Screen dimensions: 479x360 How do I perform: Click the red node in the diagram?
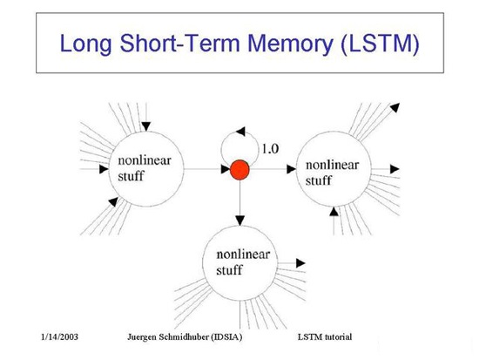[x=239, y=170]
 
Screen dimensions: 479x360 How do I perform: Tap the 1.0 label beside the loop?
[x=270, y=149]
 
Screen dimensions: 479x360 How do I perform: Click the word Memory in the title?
[x=290, y=43]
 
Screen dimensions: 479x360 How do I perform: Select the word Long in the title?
[x=86, y=44]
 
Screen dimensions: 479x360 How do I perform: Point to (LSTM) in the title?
[x=380, y=44]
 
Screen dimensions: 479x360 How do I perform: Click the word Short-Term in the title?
[x=179, y=43]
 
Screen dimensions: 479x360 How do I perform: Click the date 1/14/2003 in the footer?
[x=59, y=337]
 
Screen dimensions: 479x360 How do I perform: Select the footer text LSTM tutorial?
[x=325, y=337]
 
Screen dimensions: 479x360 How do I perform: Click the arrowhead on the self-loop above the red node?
[x=240, y=132]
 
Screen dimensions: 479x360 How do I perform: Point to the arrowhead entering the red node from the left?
[x=226, y=169]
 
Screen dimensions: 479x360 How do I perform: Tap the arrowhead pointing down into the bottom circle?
[x=240, y=221]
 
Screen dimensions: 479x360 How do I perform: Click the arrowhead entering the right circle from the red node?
[x=292, y=169]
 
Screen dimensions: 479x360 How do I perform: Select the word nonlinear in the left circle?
[x=145, y=160]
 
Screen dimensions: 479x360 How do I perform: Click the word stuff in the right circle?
[x=318, y=180]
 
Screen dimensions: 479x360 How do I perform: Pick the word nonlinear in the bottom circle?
[x=243, y=255]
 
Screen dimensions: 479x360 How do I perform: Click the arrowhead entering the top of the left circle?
[x=146, y=126]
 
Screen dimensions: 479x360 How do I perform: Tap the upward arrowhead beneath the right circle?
[x=334, y=212]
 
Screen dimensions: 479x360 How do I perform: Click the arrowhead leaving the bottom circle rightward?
[x=301, y=262]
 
